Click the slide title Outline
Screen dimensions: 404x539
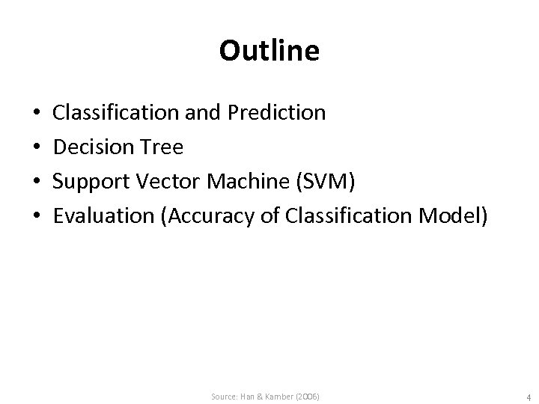click(269, 51)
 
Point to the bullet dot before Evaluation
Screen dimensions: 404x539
click(37, 217)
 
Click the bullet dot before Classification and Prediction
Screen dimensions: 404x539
click(37, 114)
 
